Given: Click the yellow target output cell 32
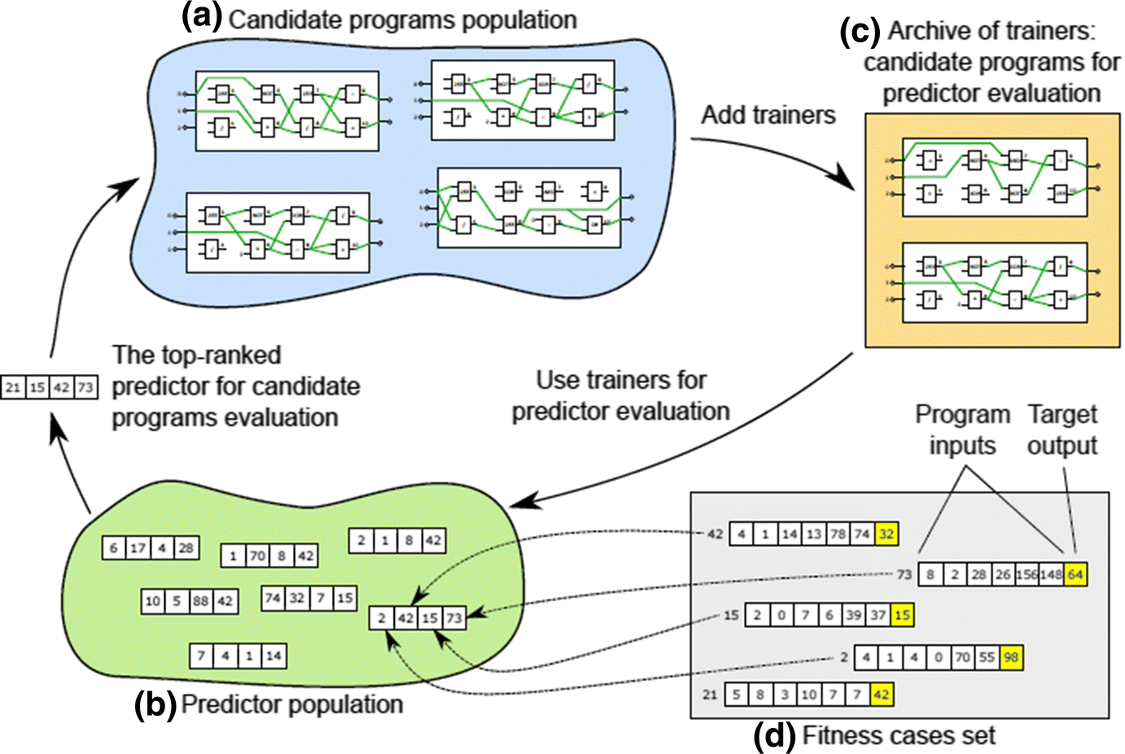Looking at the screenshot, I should tap(886, 534).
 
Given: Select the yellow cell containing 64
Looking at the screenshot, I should tap(1075, 574).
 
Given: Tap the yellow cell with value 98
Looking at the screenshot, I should tap(1010, 657).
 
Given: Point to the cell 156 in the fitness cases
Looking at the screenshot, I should tap(1027, 574).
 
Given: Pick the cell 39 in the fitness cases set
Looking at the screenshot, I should tap(853, 615).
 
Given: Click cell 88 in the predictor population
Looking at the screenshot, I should tap(200, 601).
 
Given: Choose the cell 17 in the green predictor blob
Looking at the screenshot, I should tap(138, 547).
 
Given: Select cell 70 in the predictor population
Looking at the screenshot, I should tap(257, 556).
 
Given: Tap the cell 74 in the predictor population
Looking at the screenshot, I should tap(273, 599).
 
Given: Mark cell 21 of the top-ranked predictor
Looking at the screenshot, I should tap(12, 387).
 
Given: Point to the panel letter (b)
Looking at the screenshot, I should tap(155, 704).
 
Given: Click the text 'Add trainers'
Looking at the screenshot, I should tap(768, 115).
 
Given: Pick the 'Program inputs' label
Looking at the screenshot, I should tap(962, 429).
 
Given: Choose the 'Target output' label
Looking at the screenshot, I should tap(1062, 429).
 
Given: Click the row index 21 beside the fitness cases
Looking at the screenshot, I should tap(710, 695).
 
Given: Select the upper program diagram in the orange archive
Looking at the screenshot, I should tap(995, 177).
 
